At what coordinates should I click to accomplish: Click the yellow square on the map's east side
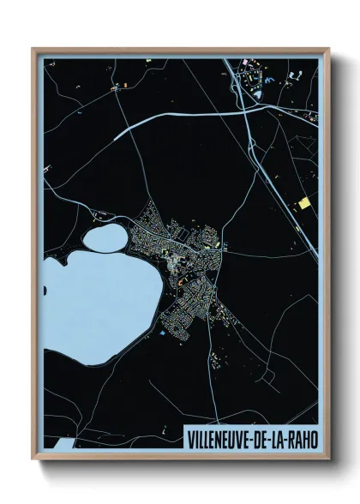(x=303, y=203)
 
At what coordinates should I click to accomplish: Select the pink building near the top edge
(x=243, y=63)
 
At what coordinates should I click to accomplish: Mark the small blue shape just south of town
(x=160, y=330)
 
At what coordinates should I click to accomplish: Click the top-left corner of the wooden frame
(x=33, y=49)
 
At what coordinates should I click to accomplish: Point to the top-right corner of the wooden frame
(x=329, y=49)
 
